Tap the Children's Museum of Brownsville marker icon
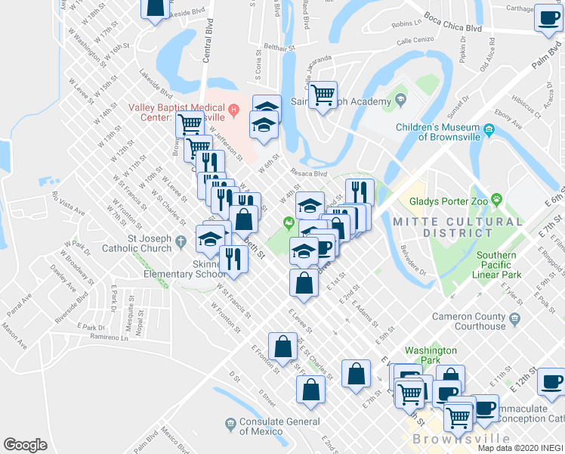point(489,132)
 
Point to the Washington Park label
point(431,356)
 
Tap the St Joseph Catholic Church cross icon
point(181,244)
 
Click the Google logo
point(25,445)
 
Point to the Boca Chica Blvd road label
point(452,28)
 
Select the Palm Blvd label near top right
point(547,61)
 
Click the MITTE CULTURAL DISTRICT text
point(457,229)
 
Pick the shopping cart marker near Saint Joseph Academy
point(323,95)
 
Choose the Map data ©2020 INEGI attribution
point(520,448)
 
